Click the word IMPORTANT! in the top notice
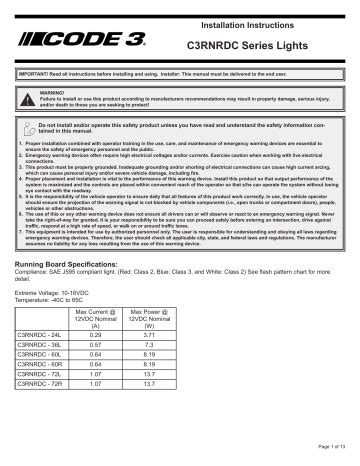[33, 76]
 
